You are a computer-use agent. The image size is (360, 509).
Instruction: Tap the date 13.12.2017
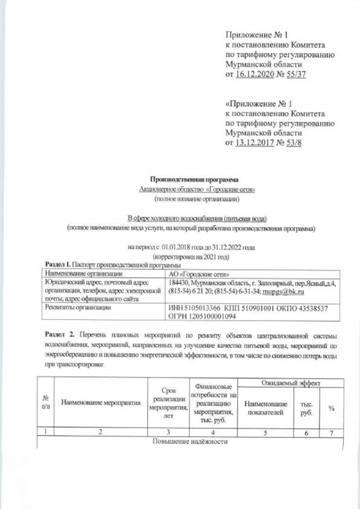(253, 143)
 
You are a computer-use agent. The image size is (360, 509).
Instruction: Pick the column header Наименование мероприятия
(101, 403)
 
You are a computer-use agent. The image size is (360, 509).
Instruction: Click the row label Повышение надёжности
(190, 442)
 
